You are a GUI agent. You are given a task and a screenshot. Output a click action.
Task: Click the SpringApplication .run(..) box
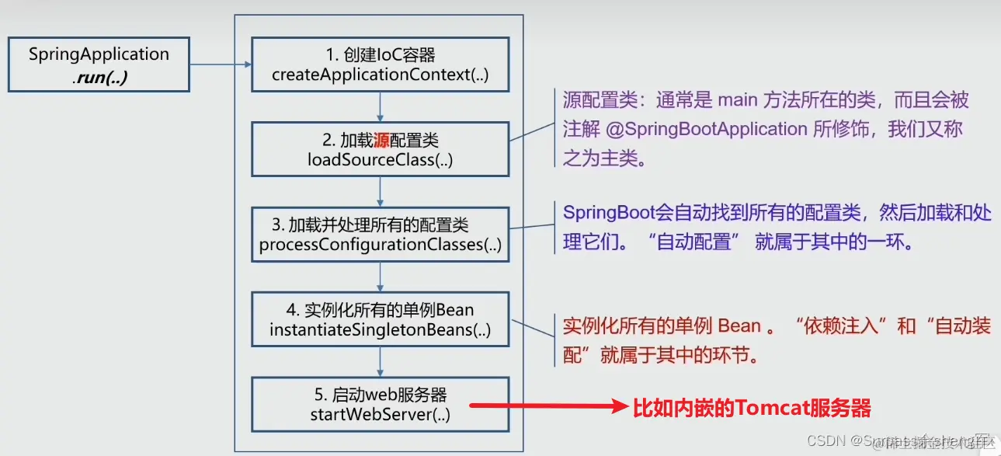[x=99, y=65]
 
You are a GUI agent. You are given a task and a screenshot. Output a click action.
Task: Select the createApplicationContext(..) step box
[x=380, y=65]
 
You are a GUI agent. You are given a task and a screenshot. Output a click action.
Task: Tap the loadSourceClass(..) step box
[x=380, y=149]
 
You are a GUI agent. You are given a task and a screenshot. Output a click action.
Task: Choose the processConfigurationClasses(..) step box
[x=380, y=235]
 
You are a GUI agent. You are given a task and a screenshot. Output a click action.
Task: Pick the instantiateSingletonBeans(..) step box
[x=380, y=319]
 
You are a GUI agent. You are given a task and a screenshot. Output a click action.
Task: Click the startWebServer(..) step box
[x=380, y=404]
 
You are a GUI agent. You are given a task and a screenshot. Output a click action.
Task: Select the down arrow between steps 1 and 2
[x=380, y=107]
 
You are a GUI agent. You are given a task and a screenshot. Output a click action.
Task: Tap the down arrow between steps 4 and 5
[x=380, y=362]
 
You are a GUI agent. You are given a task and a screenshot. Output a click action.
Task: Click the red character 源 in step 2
[x=381, y=141]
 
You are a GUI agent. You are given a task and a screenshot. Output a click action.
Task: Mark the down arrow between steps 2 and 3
[x=380, y=192]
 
